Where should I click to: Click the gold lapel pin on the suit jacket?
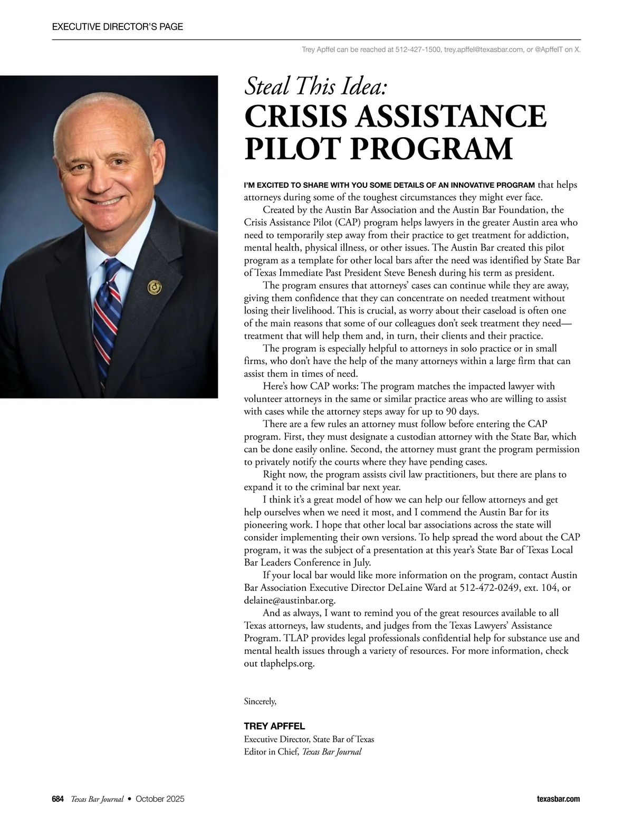(x=155, y=287)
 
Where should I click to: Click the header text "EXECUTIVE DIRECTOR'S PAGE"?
(x=118, y=26)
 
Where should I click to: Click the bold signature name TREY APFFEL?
(x=274, y=726)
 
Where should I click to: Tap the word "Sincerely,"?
(x=260, y=701)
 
